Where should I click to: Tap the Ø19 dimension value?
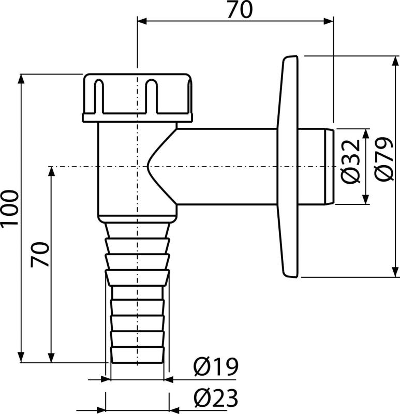click(x=216, y=367)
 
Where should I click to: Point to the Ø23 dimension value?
click(x=216, y=398)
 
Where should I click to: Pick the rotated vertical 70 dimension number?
click(x=40, y=254)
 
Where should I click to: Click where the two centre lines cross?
click(x=137, y=167)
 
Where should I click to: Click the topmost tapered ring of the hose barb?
click(x=138, y=230)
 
